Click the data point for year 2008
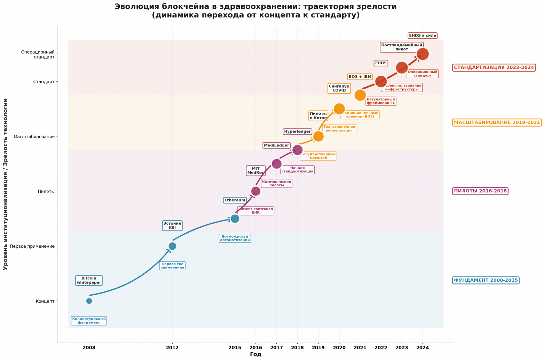(x=89, y=301)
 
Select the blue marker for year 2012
(x=172, y=246)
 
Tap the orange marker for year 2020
(x=339, y=109)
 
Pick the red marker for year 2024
(x=423, y=54)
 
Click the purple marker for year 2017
(x=276, y=163)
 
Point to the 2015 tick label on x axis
(x=235, y=347)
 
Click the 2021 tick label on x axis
(x=360, y=347)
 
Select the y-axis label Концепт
(x=45, y=301)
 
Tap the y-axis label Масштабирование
(x=34, y=136)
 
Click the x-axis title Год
(x=255, y=354)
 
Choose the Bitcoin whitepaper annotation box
(x=89, y=280)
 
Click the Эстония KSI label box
(x=172, y=225)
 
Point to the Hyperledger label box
(x=297, y=131)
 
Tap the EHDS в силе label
(x=423, y=35)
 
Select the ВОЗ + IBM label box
(x=360, y=77)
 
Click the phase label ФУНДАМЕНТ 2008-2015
(x=486, y=280)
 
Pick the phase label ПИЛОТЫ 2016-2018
(x=480, y=191)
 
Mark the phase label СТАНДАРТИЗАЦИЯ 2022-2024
(x=494, y=67)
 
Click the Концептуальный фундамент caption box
(x=89, y=321)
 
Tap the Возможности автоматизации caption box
(x=235, y=238)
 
